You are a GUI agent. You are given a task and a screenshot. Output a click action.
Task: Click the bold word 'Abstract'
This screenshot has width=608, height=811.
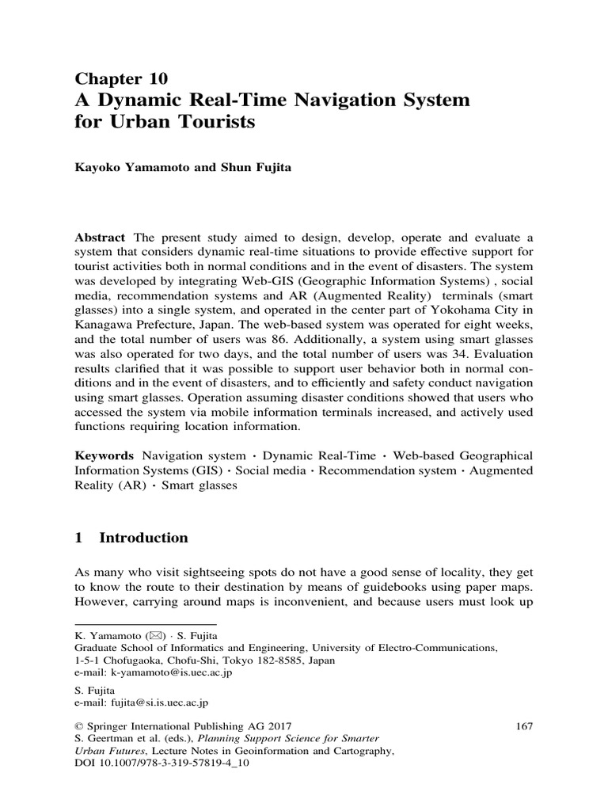(101, 238)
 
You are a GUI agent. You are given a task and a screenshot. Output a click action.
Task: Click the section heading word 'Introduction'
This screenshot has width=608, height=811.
(143, 538)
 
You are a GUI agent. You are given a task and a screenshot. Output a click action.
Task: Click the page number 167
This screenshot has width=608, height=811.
(523, 725)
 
